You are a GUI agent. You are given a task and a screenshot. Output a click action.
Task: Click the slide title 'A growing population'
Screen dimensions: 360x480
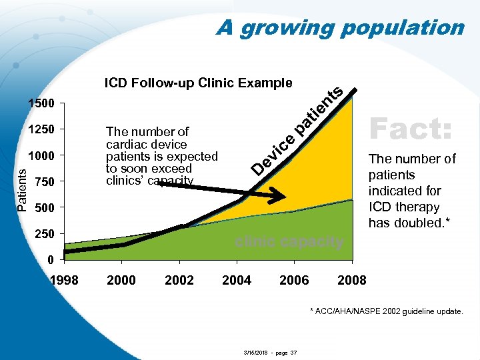pos(340,28)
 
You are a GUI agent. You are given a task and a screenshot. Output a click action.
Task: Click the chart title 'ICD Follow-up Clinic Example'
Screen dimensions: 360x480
pos(198,83)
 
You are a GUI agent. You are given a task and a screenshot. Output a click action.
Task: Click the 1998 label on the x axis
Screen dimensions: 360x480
pos(65,280)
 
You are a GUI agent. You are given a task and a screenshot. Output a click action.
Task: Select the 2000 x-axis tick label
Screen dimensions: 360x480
pos(121,280)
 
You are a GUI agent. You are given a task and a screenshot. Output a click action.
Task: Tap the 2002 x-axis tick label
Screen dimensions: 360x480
pos(179,280)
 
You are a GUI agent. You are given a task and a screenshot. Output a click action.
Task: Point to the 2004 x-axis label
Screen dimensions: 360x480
pos(237,280)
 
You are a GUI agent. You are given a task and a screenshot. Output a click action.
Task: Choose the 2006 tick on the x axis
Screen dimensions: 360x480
pos(294,280)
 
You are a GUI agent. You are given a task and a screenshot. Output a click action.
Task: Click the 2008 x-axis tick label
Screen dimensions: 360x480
pos(351,280)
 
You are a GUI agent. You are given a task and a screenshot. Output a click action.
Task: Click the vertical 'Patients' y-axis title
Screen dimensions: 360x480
pos(22,189)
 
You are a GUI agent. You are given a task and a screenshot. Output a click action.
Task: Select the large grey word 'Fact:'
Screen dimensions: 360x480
pos(411,127)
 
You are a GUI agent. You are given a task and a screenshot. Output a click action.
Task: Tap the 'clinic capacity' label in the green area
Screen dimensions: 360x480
pos(289,242)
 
